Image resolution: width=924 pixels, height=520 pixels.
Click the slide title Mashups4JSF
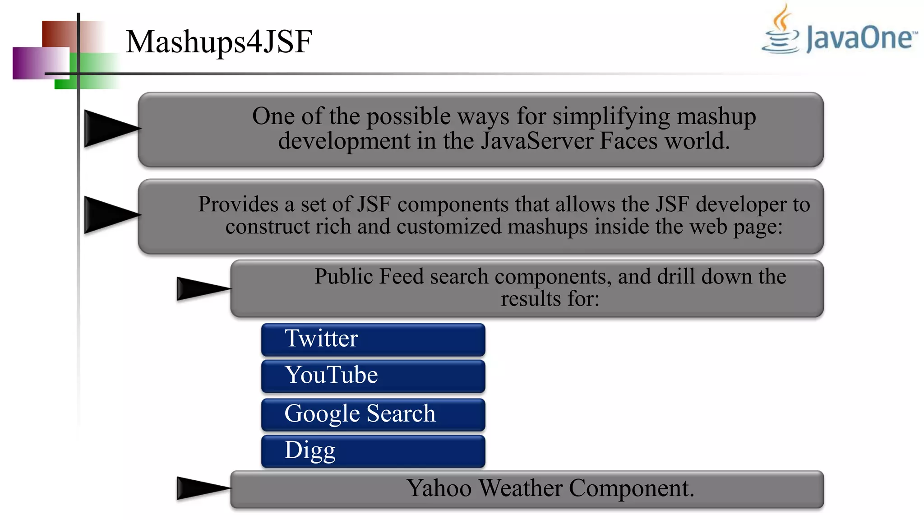tap(219, 42)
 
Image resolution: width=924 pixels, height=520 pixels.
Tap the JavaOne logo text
tap(861, 38)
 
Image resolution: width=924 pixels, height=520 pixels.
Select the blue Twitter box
tap(373, 339)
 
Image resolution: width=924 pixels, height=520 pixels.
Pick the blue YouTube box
tap(373, 376)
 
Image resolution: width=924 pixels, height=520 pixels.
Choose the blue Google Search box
tap(373, 414)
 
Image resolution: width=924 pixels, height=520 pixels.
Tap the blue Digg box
tap(373, 450)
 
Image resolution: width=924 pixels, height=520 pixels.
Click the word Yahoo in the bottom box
tap(439, 488)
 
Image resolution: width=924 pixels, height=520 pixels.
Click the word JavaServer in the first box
tap(536, 141)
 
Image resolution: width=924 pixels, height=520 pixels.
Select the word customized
tap(448, 227)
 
